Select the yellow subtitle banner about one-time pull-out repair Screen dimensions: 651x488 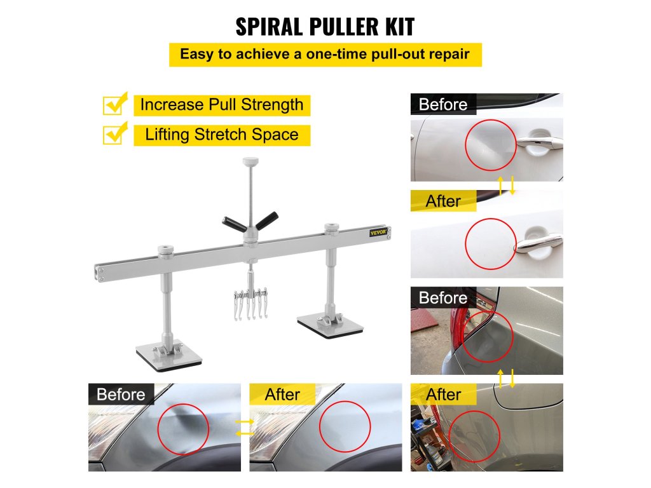[325, 55]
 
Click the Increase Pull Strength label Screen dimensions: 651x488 [222, 105]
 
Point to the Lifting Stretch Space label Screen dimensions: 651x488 [222, 135]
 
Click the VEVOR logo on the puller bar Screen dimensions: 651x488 [378, 233]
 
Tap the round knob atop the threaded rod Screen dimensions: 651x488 [250, 161]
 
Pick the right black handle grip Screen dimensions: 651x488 [266, 220]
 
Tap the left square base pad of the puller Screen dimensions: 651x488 [169, 357]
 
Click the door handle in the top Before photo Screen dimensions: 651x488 [539, 143]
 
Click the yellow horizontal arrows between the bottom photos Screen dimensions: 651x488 [245, 428]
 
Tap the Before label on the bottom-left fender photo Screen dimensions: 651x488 [121, 394]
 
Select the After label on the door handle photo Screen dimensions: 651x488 [443, 201]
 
